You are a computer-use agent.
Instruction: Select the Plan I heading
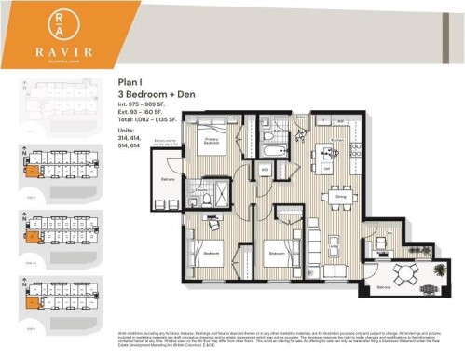pos(130,84)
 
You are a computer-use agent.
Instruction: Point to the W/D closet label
pos(264,170)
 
